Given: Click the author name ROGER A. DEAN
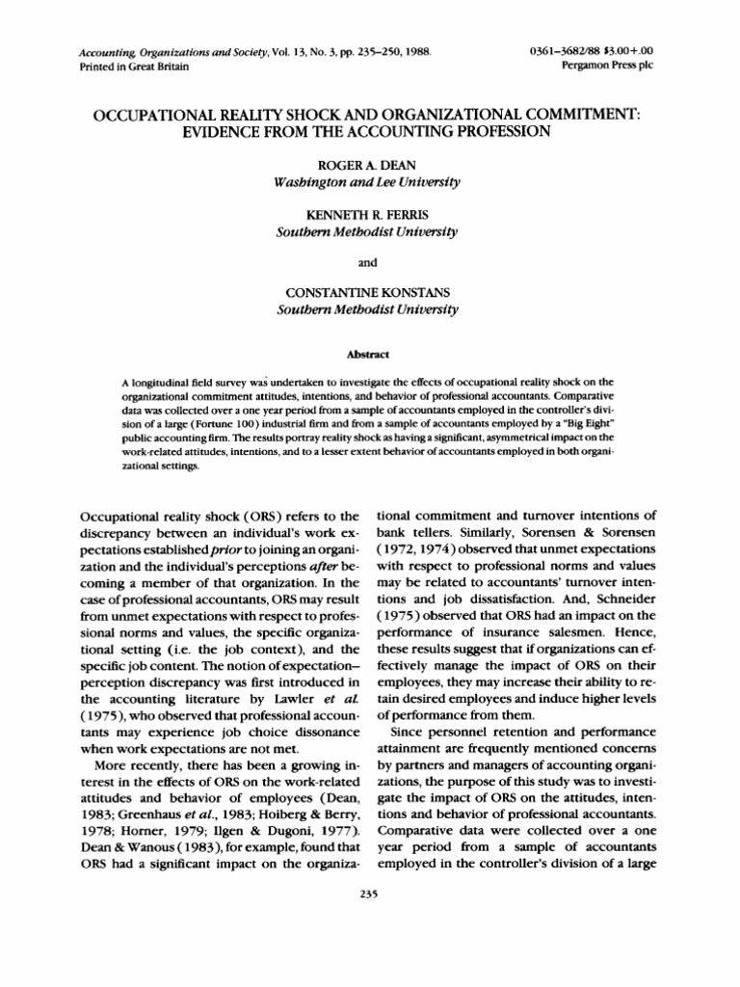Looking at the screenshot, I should [x=369, y=166].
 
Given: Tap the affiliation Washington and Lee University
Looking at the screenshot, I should [x=369, y=182].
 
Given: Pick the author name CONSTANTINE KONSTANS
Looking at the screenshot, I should [x=369, y=293].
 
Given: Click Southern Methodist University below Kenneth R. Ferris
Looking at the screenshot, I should [x=369, y=233].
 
